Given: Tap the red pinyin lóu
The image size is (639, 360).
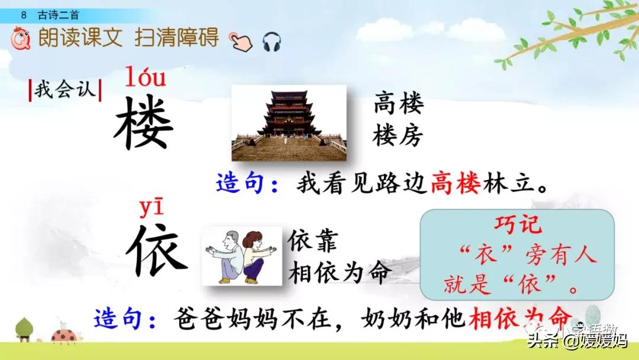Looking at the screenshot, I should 145,78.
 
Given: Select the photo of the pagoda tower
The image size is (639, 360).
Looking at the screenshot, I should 288,123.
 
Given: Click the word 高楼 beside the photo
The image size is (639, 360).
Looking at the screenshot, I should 398,105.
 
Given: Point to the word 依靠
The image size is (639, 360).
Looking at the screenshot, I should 313,242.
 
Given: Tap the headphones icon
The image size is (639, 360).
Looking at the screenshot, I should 272,41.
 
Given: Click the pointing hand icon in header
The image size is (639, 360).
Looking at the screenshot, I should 240,40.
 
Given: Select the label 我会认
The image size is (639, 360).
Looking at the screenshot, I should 65,91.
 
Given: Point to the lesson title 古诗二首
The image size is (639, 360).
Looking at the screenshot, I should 57,15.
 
